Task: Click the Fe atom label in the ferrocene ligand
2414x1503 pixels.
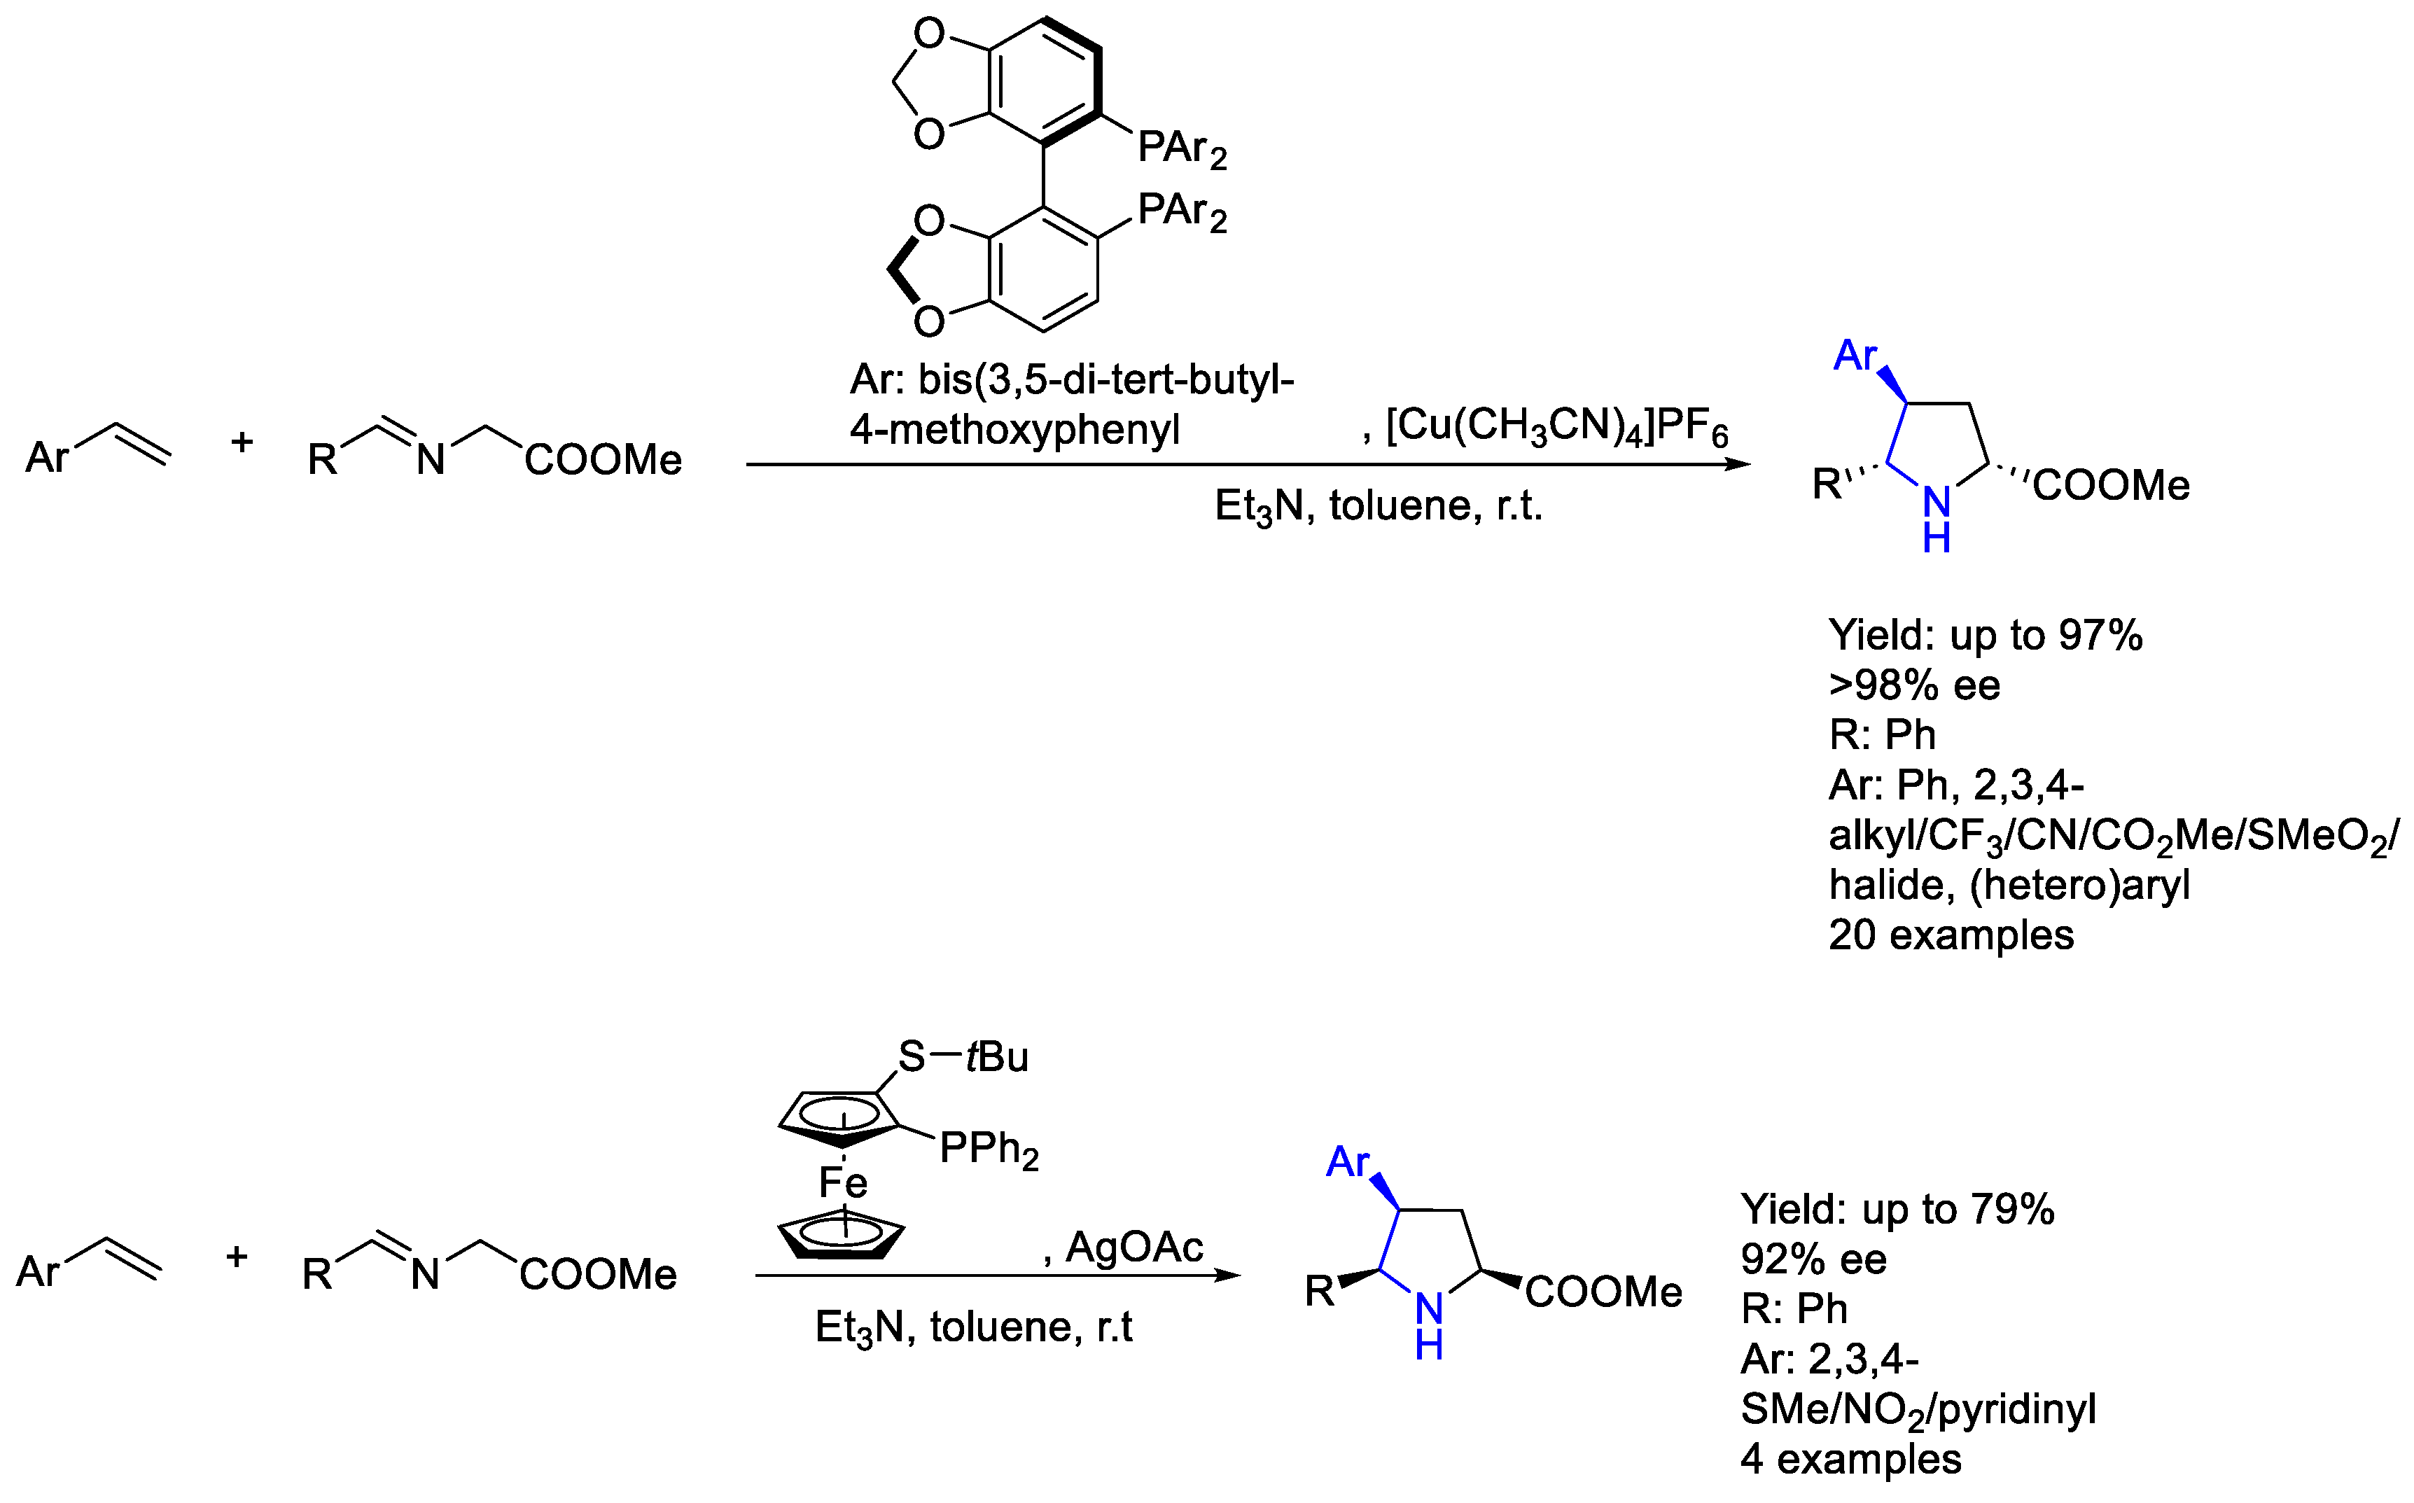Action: pyautogui.click(x=843, y=1183)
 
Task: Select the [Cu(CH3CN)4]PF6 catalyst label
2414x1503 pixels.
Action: pyautogui.click(x=1556, y=428)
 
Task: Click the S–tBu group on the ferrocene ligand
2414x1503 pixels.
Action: pyautogui.click(x=962, y=1056)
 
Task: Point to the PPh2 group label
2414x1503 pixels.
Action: pyautogui.click(x=988, y=1150)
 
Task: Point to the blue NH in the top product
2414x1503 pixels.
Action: pyautogui.click(x=1936, y=519)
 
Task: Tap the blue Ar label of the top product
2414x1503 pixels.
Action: pyautogui.click(x=1855, y=356)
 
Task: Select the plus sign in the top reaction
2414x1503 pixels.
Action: pyautogui.click(x=242, y=442)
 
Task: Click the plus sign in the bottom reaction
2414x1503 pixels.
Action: pyautogui.click(x=237, y=1257)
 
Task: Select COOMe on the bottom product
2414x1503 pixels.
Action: pyautogui.click(x=1603, y=1292)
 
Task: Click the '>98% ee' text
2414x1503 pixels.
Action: pyautogui.click(x=1913, y=686)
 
